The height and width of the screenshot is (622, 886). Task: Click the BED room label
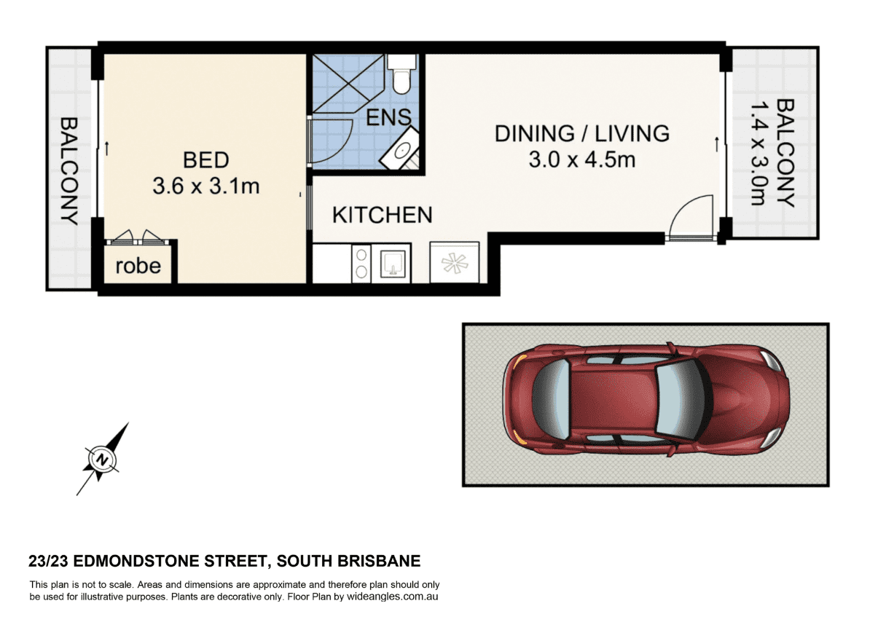[x=205, y=160]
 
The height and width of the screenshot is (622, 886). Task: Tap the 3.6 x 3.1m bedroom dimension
[x=206, y=186]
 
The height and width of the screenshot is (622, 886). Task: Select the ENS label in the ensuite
[x=388, y=117]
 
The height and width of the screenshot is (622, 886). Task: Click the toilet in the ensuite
[x=401, y=74]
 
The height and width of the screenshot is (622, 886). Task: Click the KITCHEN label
[x=382, y=215]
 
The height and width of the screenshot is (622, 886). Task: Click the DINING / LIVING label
[x=582, y=134]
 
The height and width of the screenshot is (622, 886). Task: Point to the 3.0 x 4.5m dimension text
[x=582, y=160]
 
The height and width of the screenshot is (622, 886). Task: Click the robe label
[x=138, y=266]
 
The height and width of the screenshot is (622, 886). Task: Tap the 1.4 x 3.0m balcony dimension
[x=758, y=154]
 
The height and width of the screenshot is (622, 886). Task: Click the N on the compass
[x=103, y=460]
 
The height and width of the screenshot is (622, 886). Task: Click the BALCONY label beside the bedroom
[x=68, y=171]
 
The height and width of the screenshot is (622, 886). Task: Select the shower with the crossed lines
[x=348, y=84]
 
